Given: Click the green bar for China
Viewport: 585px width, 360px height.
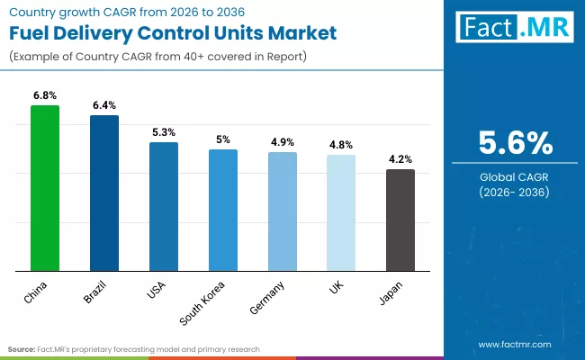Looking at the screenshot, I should [x=45, y=188].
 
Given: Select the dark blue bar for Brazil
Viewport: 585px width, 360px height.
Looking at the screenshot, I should [x=104, y=193].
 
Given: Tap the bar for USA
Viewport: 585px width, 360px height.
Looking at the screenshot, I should [x=164, y=206].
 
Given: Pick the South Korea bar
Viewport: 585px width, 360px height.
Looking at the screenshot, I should [x=222, y=210].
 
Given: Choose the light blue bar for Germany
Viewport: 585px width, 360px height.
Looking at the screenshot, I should [x=282, y=211].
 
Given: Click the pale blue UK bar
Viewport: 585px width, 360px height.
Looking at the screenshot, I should [x=341, y=212].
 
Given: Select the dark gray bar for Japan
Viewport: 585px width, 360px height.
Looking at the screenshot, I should [x=400, y=220].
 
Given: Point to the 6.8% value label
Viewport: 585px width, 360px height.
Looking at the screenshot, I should [x=45, y=94].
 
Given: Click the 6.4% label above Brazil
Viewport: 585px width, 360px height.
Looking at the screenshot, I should [x=104, y=104].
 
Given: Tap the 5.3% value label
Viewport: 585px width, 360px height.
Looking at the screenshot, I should [x=164, y=131].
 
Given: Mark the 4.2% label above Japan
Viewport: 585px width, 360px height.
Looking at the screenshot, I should [x=400, y=158].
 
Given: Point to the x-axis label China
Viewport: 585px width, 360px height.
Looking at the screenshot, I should [x=37, y=291].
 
